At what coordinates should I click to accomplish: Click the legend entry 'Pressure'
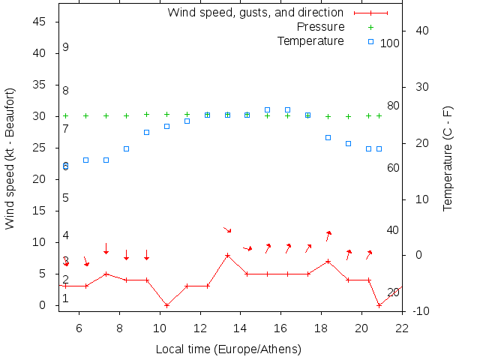pyautogui.click(x=321, y=27)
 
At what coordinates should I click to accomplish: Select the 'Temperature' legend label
pyautogui.click(x=310, y=40)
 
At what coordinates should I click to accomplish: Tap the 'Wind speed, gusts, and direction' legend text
pyautogui.click(x=255, y=13)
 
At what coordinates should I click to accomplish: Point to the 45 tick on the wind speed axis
pyautogui.click(x=40, y=22)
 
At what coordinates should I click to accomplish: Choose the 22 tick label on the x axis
pyautogui.click(x=402, y=327)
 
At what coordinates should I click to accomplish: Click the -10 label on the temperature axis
pyautogui.click(x=420, y=310)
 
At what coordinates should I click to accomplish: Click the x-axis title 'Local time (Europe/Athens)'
pyautogui.click(x=228, y=349)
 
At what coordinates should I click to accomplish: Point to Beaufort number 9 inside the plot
pyautogui.click(x=66, y=47)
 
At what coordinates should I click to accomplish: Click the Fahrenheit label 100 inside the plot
pyautogui.click(x=390, y=43)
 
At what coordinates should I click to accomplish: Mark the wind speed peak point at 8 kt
pyautogui.click(x=227, y=255)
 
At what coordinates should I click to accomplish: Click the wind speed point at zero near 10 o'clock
pyautogui.click(x=166, y=305)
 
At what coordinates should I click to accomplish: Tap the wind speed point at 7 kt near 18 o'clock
pyautogui.click(x=328, y=261)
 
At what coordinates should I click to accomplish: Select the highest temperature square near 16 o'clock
pyautogui.click(x=287, y=109)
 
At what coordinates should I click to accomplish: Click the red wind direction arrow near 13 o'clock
pyautogui.click(x=227, y=229)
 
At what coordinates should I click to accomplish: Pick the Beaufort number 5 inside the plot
pyautogui.click(x=66, y=198)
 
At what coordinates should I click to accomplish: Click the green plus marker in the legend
pyautogui.click(x=370, y=27)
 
